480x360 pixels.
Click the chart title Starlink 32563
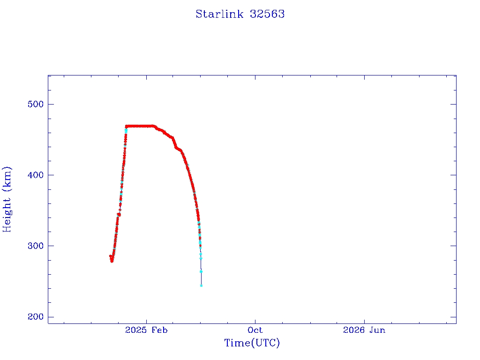point(240,14)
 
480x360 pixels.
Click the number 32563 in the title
point(267,14)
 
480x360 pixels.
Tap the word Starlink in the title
point(219,14)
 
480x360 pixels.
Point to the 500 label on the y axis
point(36,104)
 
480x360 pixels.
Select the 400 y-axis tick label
point(36,175)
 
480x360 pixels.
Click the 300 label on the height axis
point(36,246)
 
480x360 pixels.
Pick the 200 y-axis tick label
point(36,316)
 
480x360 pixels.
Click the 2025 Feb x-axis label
point(146,330)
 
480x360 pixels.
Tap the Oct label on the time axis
point(255,330)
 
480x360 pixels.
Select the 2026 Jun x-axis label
point(364,330)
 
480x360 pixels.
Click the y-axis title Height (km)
point(7,199)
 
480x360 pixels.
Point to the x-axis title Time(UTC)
point(252,343)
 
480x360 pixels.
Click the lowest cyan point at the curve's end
point(201,285)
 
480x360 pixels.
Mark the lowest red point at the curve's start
point(112,261)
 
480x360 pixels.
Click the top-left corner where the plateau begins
point(126,126)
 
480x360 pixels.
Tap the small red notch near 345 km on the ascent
point(119,215)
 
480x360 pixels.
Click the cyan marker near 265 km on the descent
point(201,271)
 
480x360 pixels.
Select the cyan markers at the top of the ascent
point(126,131)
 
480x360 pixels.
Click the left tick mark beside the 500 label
point(51,104)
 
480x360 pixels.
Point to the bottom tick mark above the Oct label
point(255,321)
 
